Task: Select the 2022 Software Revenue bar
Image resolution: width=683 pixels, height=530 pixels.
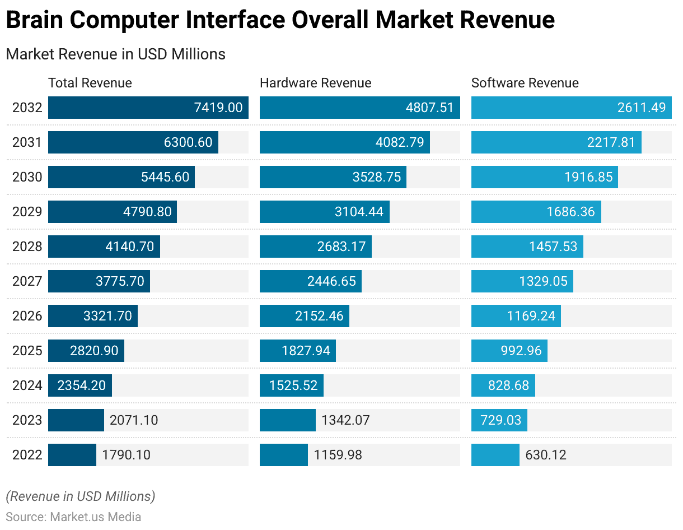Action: click(495, 455)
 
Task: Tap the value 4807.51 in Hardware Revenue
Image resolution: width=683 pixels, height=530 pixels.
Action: click(429, 108)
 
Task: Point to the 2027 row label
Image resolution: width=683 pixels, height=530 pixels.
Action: click(27, 281)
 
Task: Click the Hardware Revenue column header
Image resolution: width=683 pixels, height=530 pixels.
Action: click(315, 83)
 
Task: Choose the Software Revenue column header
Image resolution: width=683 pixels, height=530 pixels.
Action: click(525, 83)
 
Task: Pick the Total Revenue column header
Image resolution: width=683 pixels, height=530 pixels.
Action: click(90, 83)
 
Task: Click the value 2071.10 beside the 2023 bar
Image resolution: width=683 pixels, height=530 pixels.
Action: click(134, 420)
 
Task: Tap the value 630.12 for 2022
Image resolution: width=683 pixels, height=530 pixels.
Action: click(546, 455)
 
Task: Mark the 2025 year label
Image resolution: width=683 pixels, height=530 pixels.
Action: click(27, 351)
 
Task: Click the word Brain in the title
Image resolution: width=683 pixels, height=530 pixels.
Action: click(34, 21)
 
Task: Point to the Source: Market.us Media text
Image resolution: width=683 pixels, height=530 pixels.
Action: click(73, 517)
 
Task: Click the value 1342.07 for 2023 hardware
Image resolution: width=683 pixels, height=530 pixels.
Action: click(345, 420)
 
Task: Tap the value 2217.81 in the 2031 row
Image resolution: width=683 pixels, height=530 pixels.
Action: click(611, 142)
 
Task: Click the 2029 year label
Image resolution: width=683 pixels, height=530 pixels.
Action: click(27, 212)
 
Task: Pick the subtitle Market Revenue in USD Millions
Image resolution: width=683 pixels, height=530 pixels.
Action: click(115, 54)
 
